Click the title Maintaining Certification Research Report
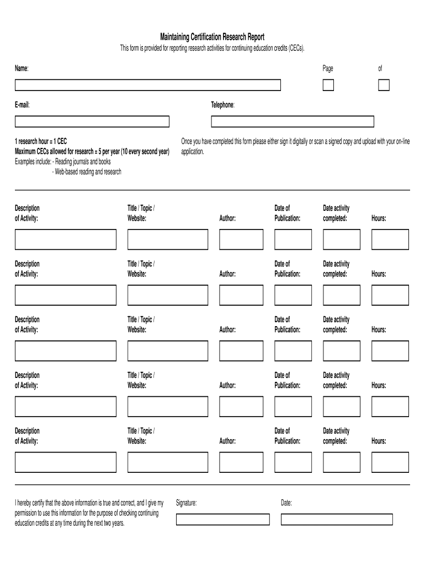pyautogui.click(x=212, y=37)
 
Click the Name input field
pyautogui.click(x=148, y=85)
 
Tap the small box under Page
pyautogui.click(x=328, y=85)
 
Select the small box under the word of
pyautogui.click(x=384, y=85)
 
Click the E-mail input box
pyautogui.click(x=92, y=121)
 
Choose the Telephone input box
pyautogui.click(x=292, y=121)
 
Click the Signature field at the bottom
pyautogui.click(x=222, y=519)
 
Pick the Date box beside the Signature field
pyautogui.click(x=337, y=519)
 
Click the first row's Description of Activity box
pyautogui.click(x=66, y=239)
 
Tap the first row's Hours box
pyautogui.click(x=390, y=239)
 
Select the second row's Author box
pyautogui.click(x=237, y=295)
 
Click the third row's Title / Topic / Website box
pyautogui.click(x=168, y=351)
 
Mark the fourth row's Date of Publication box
pyautogui.click(x=293, y=407)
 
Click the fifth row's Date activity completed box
pyautogui.click(x=341, y=462)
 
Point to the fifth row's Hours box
pyautogui.click(x=390, y=462)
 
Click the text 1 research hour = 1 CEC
pyautogui.click(x=41, y=141)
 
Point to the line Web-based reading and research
pyautogui.click(x=87, y=172)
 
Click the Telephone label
pyautogui.click(x=222, y=105)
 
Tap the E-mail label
pyautogui.click(x=22, y=105)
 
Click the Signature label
pyautogui.click(x=186, y=503)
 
